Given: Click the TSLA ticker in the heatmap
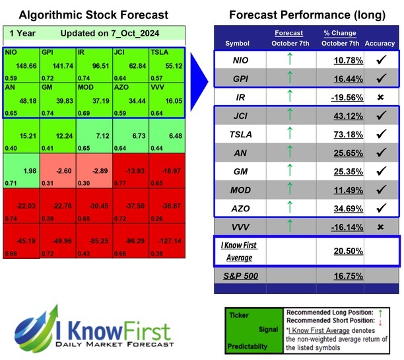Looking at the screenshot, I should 159,52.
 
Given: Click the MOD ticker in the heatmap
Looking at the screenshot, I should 87,86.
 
